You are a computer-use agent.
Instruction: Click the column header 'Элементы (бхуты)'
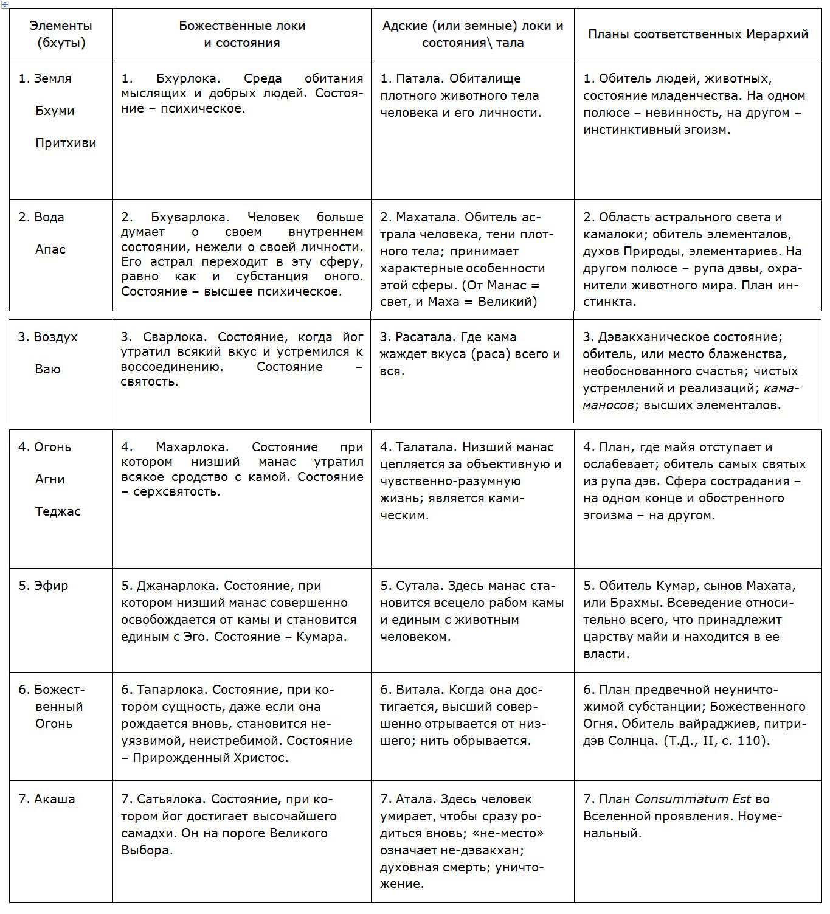(x=61, y=34)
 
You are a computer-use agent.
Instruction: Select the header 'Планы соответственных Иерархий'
(x=697, y=34)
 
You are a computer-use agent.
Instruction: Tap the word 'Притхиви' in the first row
(x=66, y=143)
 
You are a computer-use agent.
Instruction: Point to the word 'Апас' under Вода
(x=50, y=249)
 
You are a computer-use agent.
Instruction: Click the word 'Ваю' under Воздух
(x=47, y=369)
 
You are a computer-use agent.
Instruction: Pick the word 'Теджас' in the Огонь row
(x=58, y=511)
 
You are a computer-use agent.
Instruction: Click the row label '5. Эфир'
(x=43, y=586)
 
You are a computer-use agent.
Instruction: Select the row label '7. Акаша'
(x=47, y=799)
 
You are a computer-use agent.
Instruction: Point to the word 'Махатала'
(x=426, y=217)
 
